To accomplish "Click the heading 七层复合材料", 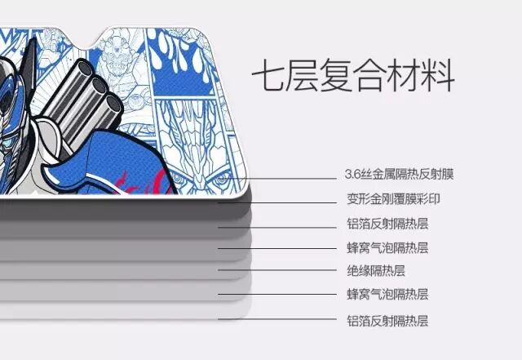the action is point(352,78).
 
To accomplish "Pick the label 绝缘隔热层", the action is point(376,270).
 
